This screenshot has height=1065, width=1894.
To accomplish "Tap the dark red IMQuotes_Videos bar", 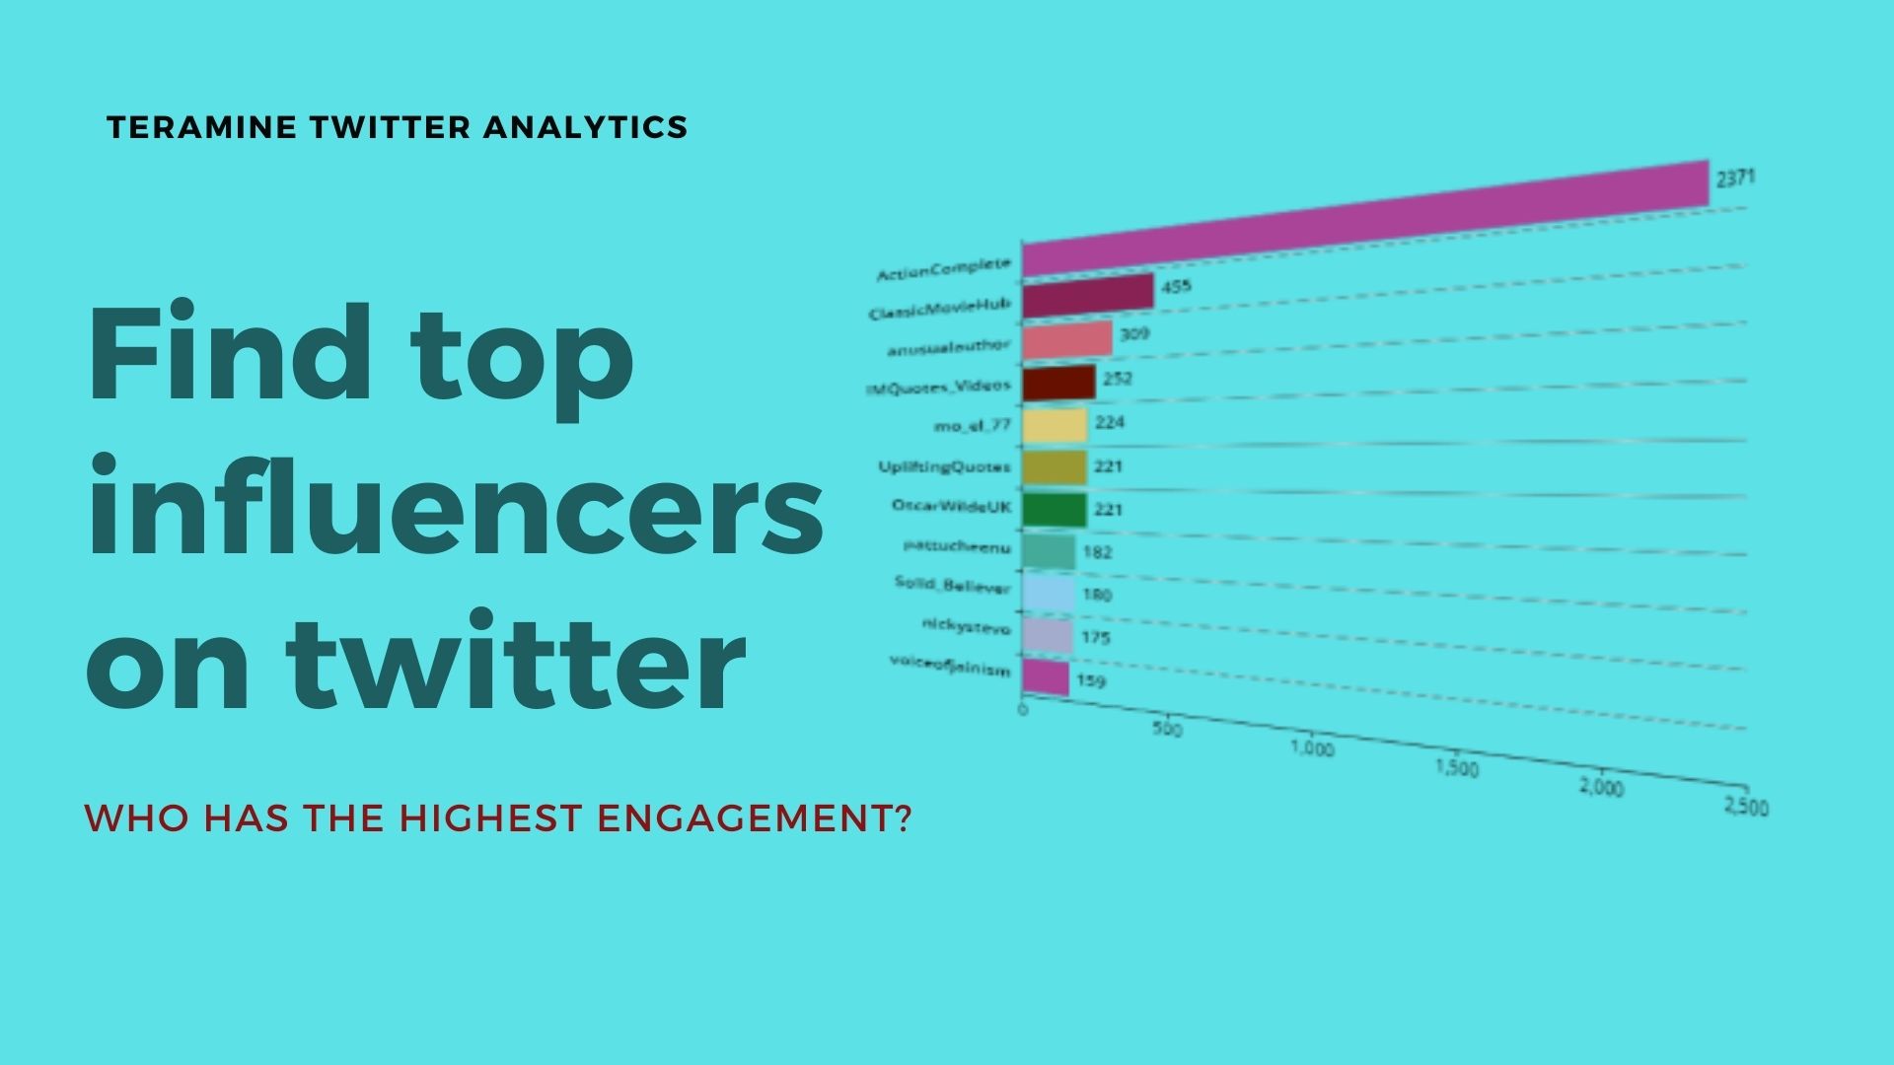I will [1058, 383].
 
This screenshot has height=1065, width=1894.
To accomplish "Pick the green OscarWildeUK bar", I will [1054, 510].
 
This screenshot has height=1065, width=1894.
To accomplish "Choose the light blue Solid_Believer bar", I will [1048, 594].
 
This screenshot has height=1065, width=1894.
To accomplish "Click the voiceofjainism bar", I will [1046, 677].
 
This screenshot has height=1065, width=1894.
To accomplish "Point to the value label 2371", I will [1735, 178].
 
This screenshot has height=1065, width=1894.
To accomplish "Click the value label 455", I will [1176, 287].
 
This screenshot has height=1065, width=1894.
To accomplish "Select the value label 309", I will [1134, 334].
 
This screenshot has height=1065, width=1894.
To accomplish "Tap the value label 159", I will [1091, 681].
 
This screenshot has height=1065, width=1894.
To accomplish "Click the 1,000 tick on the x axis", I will [1312, 748].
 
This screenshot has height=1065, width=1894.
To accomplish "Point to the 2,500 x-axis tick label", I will [1745, 807].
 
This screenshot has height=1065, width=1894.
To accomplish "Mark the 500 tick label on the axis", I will [1167, 729].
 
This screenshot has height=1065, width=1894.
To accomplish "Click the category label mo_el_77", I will [972, 426].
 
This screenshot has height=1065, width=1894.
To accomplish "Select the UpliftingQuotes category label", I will [944, 466].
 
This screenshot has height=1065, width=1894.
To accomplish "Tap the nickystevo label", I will [966, 626].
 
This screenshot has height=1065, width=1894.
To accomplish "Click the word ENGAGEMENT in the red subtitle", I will [754, 818].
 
